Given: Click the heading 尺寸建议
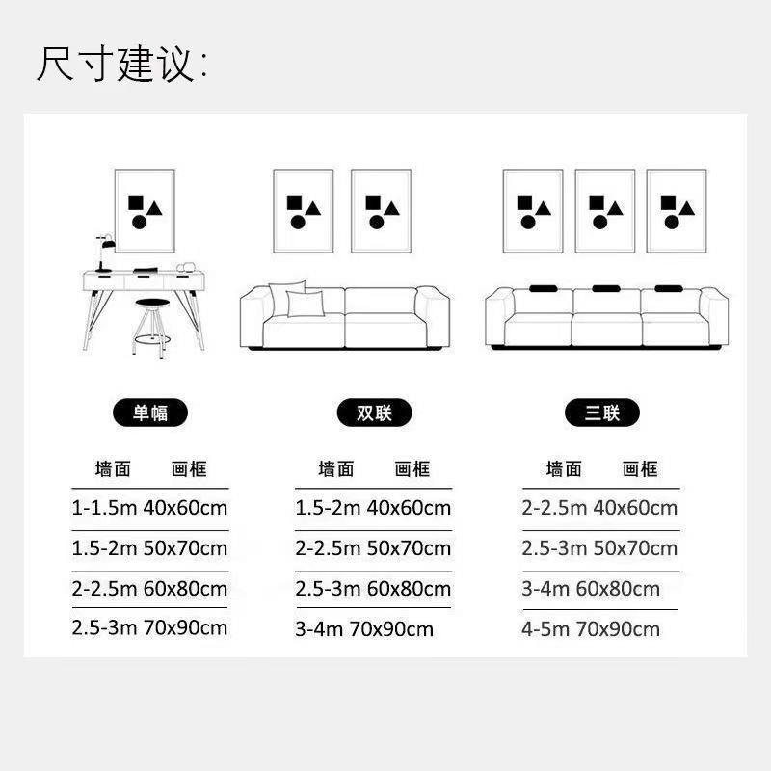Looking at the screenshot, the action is pyautogui.click(x=121, y=65).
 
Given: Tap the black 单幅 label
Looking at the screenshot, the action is pyautogui.click(x=149, y=413).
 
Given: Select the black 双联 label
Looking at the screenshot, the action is pyautogui.click(x=375, y=413).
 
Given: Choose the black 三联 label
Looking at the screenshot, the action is pyautogui.click(x=602, y=413).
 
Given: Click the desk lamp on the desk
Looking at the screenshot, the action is pyautogui.click(x=104, y=253).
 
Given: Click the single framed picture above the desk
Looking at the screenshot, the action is pyautogui.click(x=145, y=211).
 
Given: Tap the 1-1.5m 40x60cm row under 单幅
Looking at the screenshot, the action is pyautogui.click(x=149, y=507).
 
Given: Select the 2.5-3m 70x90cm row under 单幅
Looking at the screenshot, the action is pyautogui.click(x=149, y=627).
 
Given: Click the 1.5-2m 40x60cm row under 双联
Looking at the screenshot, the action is pyautogui.click(x=373, y=507).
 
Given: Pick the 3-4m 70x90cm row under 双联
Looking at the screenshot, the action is pyautogui.click(x=364, y=629).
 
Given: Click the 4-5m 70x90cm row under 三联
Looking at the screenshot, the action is pyautogui.click(x=591, y=629).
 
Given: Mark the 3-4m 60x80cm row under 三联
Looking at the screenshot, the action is pyautogui.click(x=591, y=588).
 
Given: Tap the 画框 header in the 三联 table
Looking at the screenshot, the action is pyautogui.click(x=640, y=469).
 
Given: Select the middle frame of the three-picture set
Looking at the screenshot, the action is pyautogui.click(x=604, y=211).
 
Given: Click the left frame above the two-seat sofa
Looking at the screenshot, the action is pyautogui.click(x=303, y=211).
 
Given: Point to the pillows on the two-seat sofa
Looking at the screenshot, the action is pyautogui.click(x=296, y=301).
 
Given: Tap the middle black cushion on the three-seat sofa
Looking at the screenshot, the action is pyautogui.click(x=606, y=288).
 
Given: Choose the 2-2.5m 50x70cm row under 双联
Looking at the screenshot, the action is pyautogui.click(x=373, y=548).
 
